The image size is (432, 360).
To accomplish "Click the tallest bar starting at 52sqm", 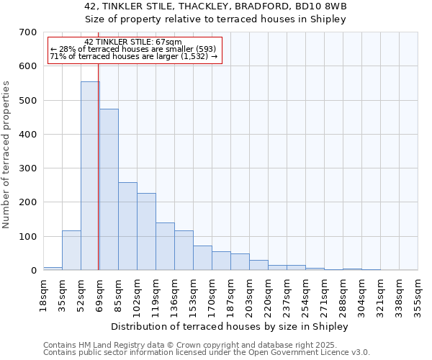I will (x=89, y=176).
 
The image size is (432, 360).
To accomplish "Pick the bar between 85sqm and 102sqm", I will (x=127, y=226).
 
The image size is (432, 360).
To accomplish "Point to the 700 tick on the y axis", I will (x=28, y=32).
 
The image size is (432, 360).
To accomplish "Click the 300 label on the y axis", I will (x=28, y=168).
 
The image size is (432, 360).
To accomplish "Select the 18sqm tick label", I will (x=43, y=293).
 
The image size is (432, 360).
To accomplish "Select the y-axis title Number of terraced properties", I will (x=7, y=155).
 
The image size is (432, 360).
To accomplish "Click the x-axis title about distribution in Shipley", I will (x=230, y=326).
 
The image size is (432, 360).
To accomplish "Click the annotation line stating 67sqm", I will (x=133, y=42).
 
